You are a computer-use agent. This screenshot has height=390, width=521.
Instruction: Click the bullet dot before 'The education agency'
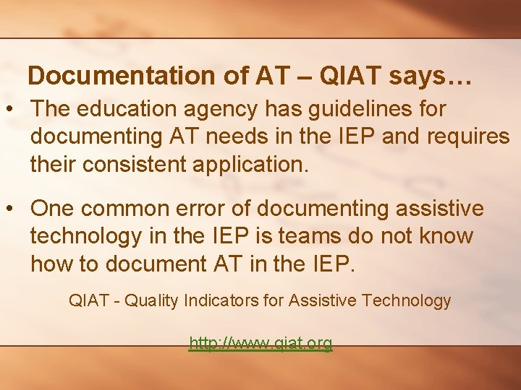[x=13, y=110]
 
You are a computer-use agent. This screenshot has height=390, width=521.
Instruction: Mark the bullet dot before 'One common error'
[x=13, y=209]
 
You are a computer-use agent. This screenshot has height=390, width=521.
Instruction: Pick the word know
[x=449, y=236]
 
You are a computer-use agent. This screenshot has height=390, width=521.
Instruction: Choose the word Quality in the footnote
[x=151, y=300]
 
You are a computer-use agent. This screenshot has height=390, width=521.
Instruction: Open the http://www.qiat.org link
[x=260, y=343]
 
